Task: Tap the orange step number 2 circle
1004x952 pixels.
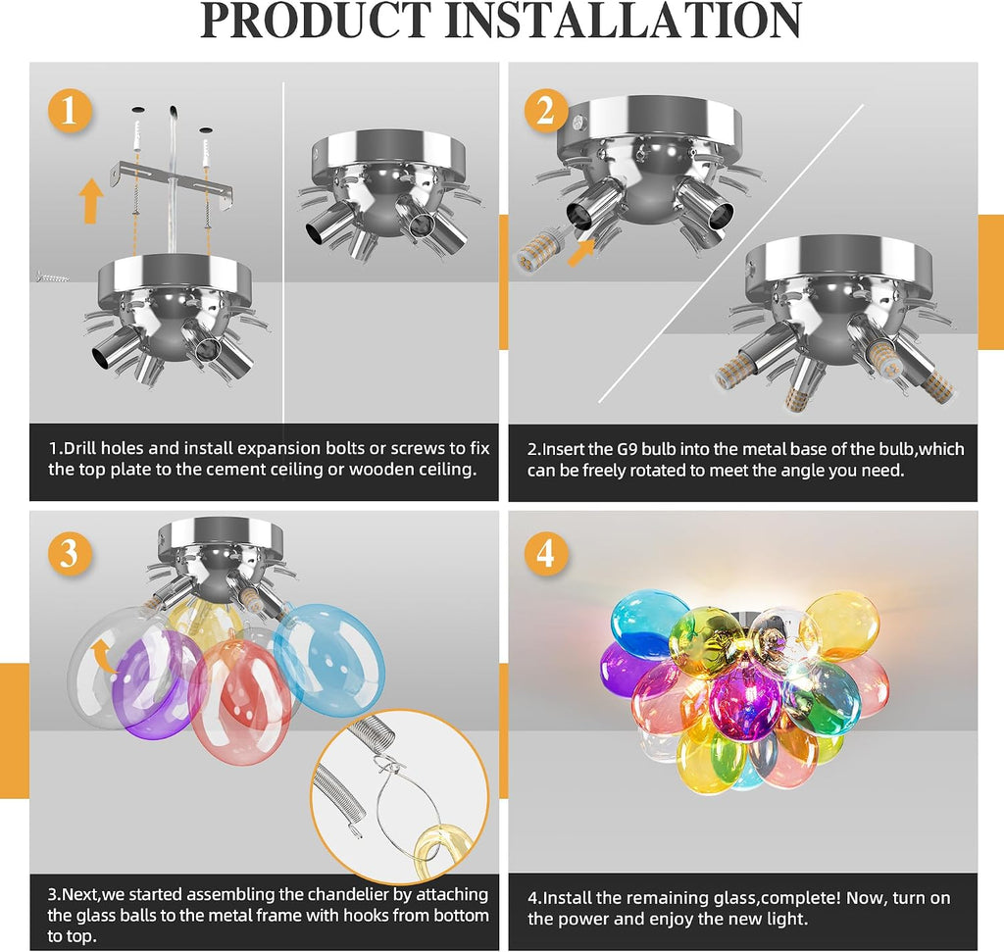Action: click(546, 110)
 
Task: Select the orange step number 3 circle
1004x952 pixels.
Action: click(70, 553)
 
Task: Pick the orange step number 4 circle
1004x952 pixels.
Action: click(546, 553)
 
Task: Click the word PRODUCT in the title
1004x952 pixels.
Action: click(317, 21)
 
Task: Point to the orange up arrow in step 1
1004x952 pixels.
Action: click(91, 201)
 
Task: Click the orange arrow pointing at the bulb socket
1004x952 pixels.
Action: click(581, 251)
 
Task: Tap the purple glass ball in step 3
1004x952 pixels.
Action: click(156, 683)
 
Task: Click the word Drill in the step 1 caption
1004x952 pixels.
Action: click(80, 448)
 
